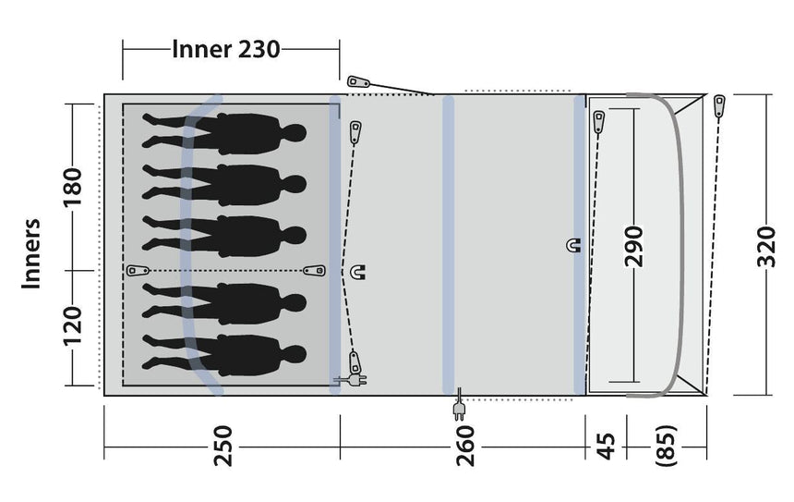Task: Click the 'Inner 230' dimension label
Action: pyautogui.click(x=225, y=49)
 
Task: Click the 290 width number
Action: pyautogui.click(x=634, y=244)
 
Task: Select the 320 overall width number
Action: pyautogui.click(x=765, y=244)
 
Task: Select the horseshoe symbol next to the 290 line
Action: pyautogui.click(x=573, y=245)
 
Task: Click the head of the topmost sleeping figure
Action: pyautogui.click(x=295, y=134)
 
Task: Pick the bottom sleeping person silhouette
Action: pyautogui.click(x=226, y=355)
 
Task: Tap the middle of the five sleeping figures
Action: pyautogui.click(x=226, y=235)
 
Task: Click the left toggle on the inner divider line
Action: pyautogui.click(x=138, y=270)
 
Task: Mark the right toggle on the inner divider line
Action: pyautogui.click(x=315, y=270)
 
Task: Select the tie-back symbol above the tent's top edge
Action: pyautogui.click(x=358, y=82)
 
